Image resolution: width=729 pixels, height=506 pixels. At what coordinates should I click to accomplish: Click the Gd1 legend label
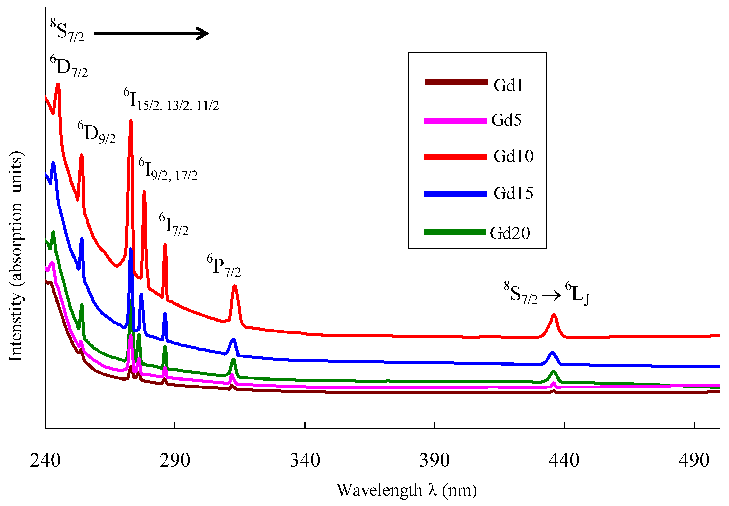point(508,85)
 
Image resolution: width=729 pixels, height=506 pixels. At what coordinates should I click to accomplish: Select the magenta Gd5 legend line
point(455,121)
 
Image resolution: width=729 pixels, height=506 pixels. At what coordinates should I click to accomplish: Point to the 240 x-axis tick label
point(45,460)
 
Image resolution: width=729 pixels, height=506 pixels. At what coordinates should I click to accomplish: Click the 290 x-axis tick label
point(175,460)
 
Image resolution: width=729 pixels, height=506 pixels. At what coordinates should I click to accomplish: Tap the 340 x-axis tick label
point(305,460)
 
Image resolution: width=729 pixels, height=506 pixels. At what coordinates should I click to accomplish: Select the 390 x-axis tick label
point(435,460)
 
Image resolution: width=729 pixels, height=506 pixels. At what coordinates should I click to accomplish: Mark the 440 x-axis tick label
point(564,460)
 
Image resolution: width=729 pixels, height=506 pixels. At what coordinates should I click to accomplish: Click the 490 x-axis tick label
point(694,460)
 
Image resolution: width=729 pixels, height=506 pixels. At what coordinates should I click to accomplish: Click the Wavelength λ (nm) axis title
point(407,490)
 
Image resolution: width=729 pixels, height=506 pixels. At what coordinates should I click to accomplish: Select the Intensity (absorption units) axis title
point(16,256)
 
